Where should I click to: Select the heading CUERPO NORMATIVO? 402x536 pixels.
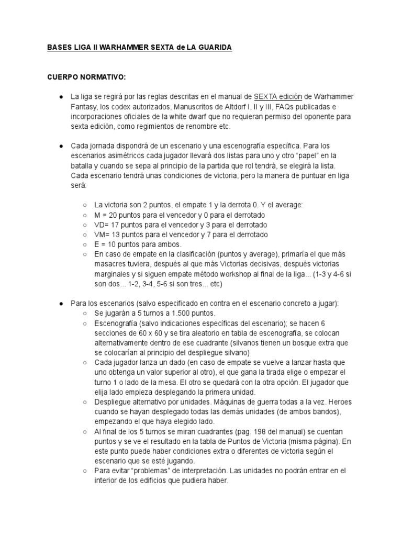86,77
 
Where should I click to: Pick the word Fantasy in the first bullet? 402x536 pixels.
84,107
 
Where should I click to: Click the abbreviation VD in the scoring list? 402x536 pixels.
99,225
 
